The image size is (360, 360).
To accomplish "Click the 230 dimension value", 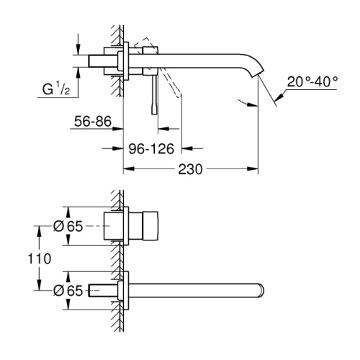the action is coord(190,169).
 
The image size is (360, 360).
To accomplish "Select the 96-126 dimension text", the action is coord(151,149).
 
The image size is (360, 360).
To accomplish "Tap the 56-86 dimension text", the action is coord(93,121).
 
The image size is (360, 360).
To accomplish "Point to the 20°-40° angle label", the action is coord(312,82).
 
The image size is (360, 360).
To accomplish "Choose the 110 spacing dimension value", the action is coord(40,258).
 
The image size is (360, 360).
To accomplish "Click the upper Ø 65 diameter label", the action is coord(68,226).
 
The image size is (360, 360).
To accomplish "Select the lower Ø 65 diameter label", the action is coord(68,291).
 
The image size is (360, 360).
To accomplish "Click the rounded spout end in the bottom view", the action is coord(261,291).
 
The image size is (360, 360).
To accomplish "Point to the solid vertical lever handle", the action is coord(154,94).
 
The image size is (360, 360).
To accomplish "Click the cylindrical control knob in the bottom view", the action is coord(150,226).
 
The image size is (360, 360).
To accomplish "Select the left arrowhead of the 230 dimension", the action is coord(128,169).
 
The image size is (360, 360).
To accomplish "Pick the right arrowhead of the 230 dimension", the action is coord(253,169).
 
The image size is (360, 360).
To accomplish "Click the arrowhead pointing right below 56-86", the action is coord(118,129).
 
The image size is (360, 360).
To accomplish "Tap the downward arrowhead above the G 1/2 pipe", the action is coord(78,50).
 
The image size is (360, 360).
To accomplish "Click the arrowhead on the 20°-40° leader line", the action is coord(279,96).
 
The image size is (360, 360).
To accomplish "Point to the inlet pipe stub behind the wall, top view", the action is coord(96,61).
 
